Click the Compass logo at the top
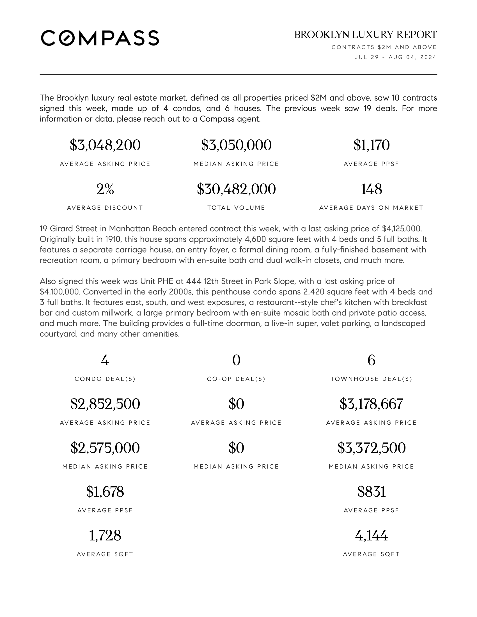(x=100, y=38)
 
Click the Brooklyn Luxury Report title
(x=365, y=35)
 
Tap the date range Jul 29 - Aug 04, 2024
(x=395, y=57)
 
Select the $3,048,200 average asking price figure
(x=105, y=145)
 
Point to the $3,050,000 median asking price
(x=236, y=145)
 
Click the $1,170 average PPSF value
(x=371, y=145)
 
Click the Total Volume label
(x=236, y=208)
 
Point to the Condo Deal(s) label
(x=105, y=379)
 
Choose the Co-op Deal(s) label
(x=236, y=379)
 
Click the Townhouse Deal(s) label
(x=371, y=379)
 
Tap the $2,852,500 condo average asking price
(x=105, y=404)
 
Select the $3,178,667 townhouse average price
(x=371, y=404)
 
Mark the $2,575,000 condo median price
(x=105, y=448)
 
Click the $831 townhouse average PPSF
(x=371, y=492)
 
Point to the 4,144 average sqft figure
(x=371, y=536)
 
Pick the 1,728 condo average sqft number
(x=105, y=536)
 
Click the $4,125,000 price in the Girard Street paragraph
(x=401, y=229)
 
